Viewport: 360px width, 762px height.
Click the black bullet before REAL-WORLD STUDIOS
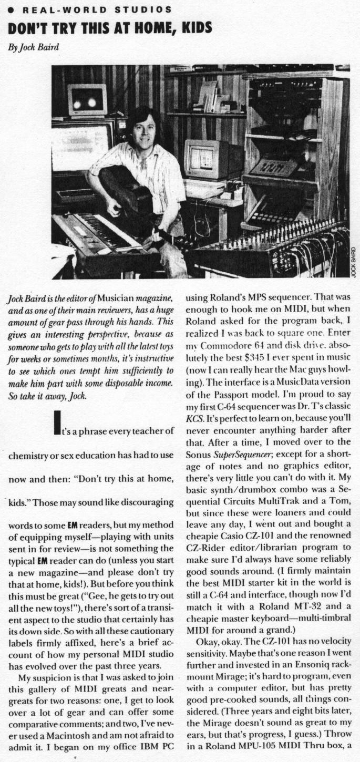10,10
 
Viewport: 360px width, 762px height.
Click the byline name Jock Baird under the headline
37,47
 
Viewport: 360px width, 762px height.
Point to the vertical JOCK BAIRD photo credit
354,263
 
